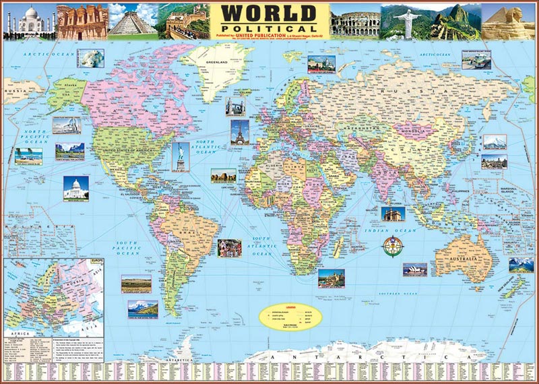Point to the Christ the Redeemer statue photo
tap(405, 20)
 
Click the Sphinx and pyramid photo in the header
tap(509, 21)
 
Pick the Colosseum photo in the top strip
tap(355, 21)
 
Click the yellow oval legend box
tap(292, 315)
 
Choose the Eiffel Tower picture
tap(239, 131)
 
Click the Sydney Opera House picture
tap(415, 269)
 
